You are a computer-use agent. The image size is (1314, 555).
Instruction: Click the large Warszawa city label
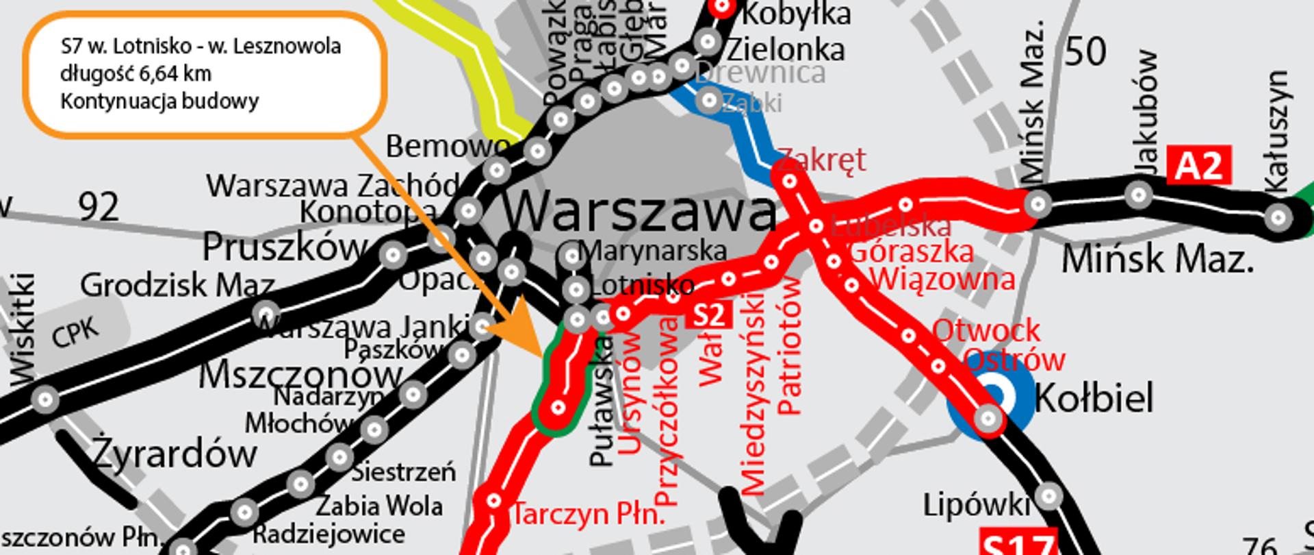tap(640, 211)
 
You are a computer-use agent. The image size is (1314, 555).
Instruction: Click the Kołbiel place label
tap(1094, 398)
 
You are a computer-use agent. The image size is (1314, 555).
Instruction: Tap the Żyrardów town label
tap(175, 453)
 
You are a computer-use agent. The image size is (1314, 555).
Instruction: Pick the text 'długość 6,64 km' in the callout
tap(136, 73)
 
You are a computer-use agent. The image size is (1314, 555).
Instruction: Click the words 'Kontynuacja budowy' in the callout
tap(159, 101)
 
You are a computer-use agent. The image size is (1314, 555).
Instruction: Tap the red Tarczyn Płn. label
tap(589, 513)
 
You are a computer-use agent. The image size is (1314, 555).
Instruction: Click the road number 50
tap(1085, 52)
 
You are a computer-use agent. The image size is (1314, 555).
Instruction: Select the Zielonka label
tap(785, 49)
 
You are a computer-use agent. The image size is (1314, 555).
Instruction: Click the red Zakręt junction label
tap(821, 160)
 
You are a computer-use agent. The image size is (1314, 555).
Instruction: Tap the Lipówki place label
tap(976, 505)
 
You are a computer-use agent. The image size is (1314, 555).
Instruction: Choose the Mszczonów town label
tap(300, 375)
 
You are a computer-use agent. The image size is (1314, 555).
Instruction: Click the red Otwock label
tap(985, 331)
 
